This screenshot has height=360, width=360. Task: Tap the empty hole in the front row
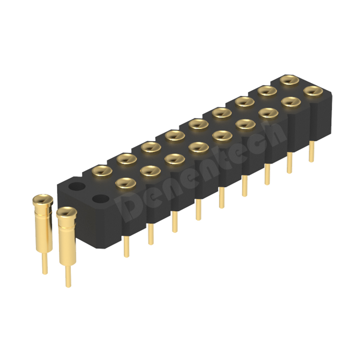pos(100,198)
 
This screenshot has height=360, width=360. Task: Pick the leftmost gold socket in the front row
pos(126,183)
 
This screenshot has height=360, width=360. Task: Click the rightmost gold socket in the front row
pos(313,91)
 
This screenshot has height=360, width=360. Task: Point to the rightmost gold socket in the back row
pos(289,80)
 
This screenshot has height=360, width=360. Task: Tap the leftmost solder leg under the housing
pos(126,246)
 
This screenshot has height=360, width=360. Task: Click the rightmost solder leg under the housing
pos(311,152)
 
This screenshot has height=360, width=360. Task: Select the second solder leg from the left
pos(151,234)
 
